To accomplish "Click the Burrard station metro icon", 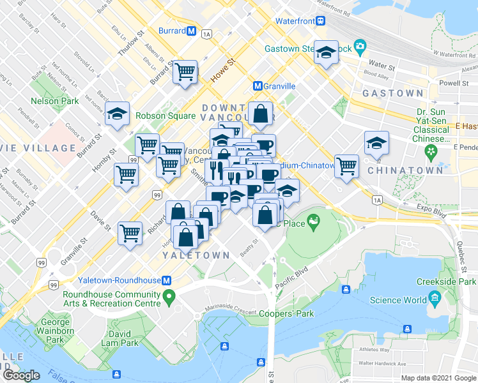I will [x=191, y=31].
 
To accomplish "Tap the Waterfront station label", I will [x=295, y=20].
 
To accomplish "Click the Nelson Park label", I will [x=55, y=101].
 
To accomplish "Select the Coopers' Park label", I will [x=286, y=313].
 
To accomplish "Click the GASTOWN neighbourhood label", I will [x=392, y=93].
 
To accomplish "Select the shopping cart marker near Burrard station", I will [x=185, y=71].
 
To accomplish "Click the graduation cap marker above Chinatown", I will [x=376, y=144].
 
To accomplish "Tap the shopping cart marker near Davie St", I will [x=130, y=233].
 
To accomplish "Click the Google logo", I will [x=22, y=376].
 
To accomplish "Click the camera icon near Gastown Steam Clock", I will [x=360, y=46].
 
